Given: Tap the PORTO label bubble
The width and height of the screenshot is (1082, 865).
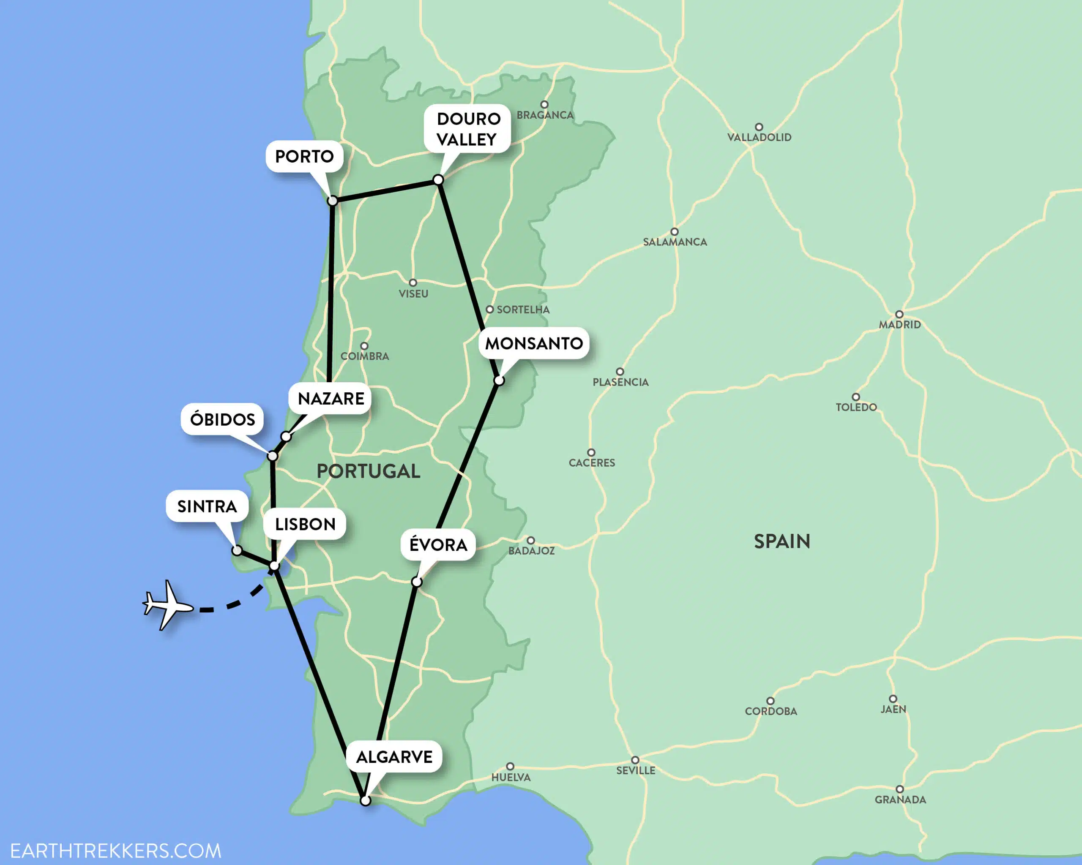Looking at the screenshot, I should coord(304,156).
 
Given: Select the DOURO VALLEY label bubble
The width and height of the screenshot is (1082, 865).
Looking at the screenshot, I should coord(468,129).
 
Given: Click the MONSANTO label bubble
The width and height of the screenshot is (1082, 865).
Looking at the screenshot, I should coord(533,343).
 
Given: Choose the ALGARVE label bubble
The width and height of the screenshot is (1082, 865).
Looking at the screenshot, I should coord(394,757).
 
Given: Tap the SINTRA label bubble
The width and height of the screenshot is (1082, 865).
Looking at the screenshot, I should coord(207,506).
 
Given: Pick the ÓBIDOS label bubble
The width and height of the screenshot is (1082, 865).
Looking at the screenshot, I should coord(222,419).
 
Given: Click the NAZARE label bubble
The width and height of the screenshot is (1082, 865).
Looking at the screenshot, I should coord(331,399).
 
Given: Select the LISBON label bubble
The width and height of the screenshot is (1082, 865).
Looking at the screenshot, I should coord(305,525).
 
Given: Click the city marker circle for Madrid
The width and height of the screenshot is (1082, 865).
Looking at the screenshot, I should coord(899,314).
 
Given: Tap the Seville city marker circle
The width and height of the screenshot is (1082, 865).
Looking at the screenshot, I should coord(635,760).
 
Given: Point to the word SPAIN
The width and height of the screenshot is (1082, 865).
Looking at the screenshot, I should coord(782,541).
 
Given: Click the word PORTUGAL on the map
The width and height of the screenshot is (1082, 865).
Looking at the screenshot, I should coord(369,471).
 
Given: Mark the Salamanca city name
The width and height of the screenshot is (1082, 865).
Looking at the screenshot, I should coord(675,242).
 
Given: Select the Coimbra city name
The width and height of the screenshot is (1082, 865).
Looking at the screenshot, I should coord(365,356).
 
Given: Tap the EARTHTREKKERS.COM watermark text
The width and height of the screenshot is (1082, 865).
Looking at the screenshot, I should coord(115,851).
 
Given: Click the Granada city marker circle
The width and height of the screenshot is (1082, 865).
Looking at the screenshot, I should coord(900,789).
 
